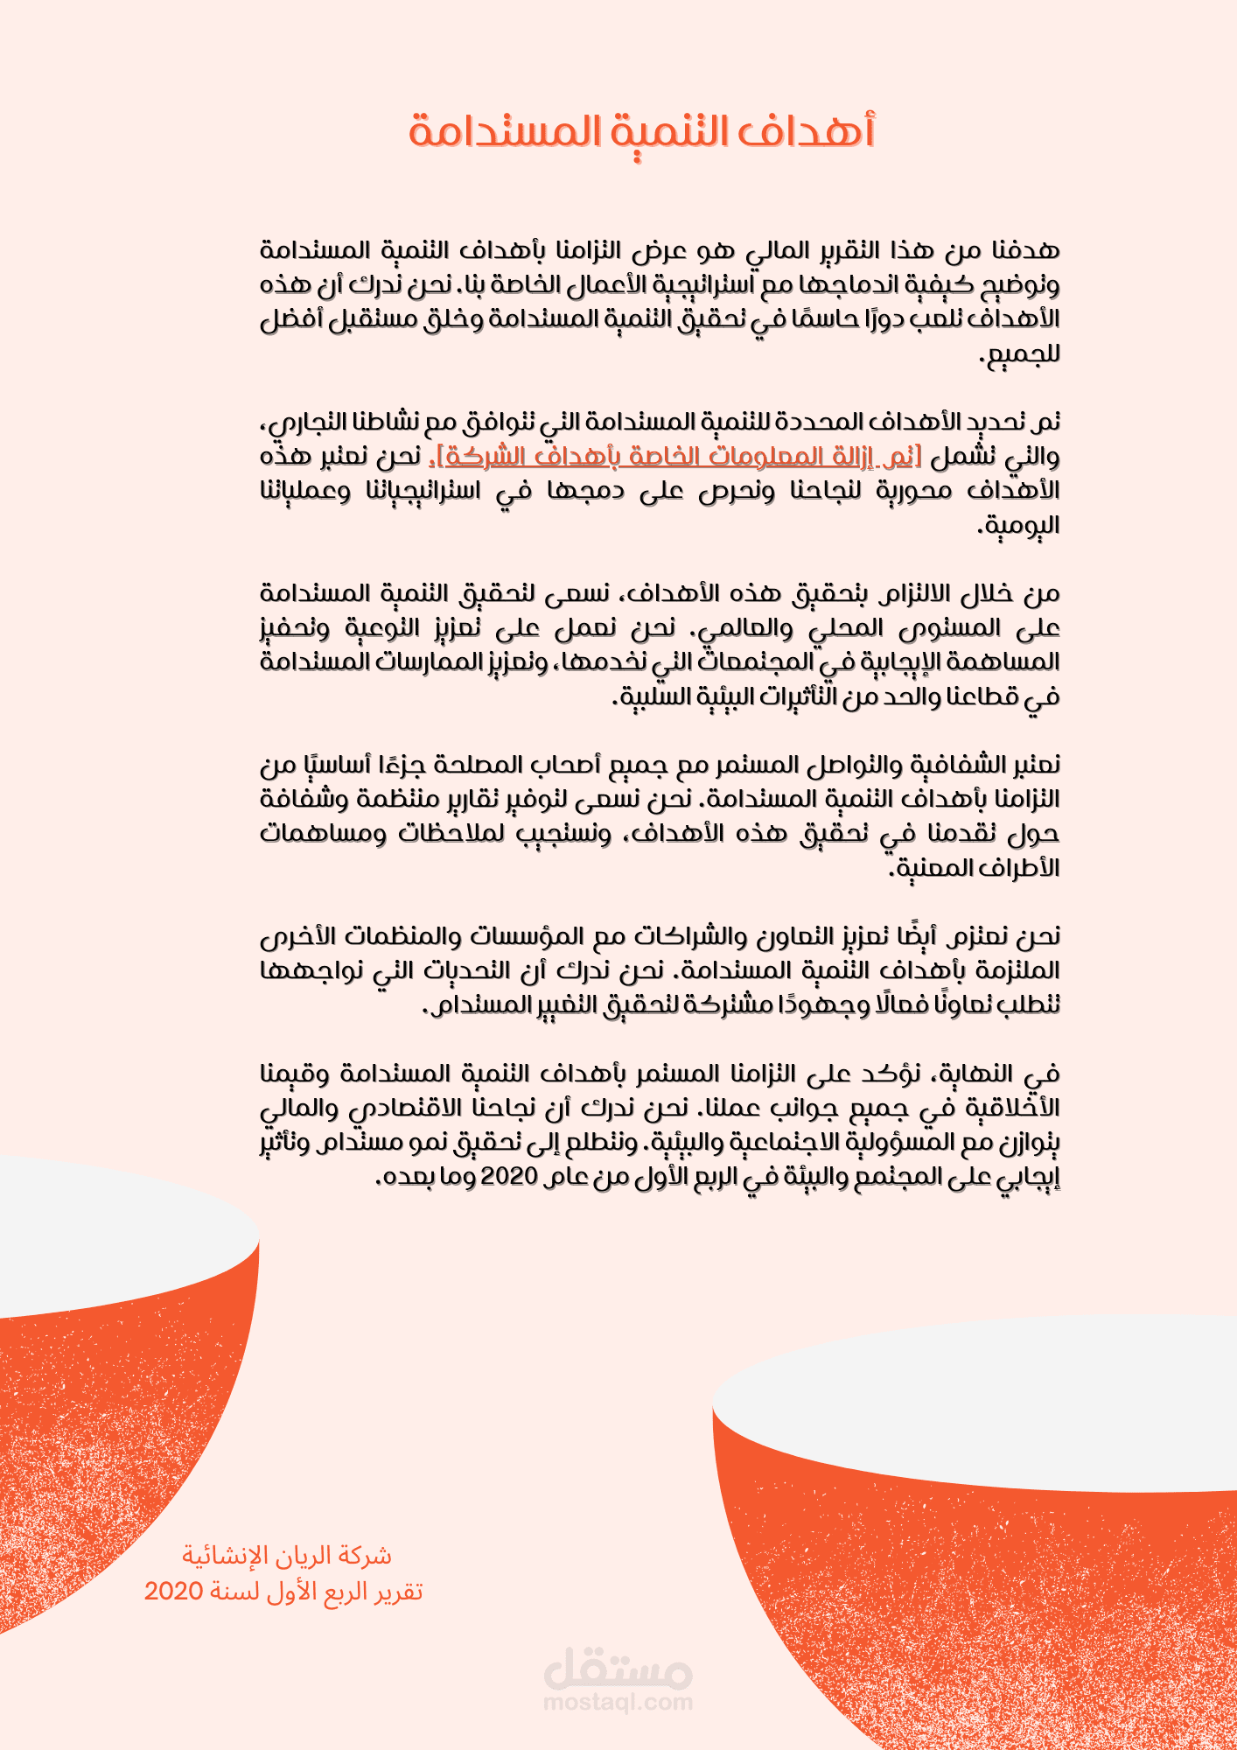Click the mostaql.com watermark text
pyautogui.click(x=618, y=1702)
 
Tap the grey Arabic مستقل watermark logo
pyautogui.click(x=618, y=1669)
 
